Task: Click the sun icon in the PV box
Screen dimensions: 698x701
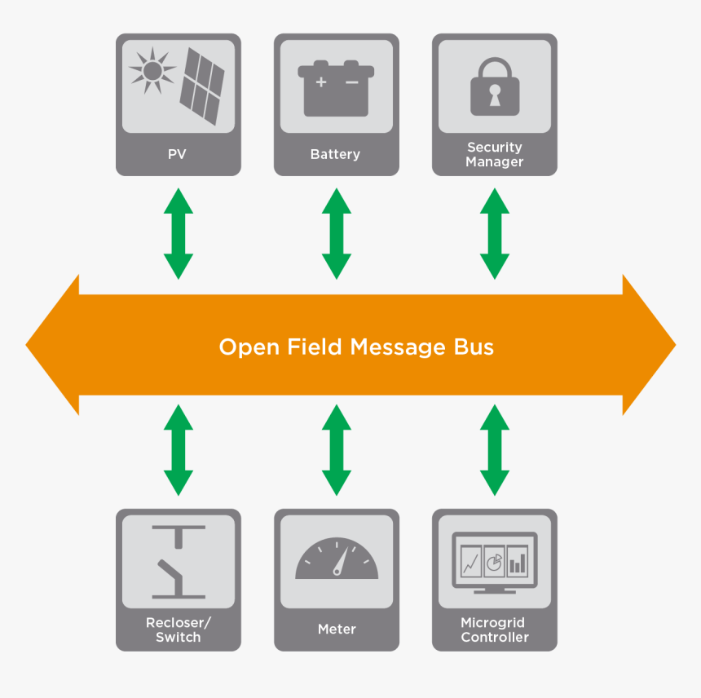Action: coord(152,70)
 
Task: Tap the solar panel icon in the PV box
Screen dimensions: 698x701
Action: coord(202,86)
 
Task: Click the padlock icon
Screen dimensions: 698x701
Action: coord(494,86)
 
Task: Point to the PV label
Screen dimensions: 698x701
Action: coord(178,154)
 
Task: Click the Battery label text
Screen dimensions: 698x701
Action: coord(335,154)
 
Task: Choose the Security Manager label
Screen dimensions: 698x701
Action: coord(494,154)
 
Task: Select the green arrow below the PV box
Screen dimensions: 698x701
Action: coord(179,233)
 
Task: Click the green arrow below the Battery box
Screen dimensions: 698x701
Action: coord(336,233)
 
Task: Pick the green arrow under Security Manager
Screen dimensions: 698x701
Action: coord(494,233)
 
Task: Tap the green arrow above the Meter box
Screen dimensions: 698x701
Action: coord(336,450)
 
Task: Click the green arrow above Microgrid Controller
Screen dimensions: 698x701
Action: coord(494,450)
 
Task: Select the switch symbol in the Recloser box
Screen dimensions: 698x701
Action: coord(179,561)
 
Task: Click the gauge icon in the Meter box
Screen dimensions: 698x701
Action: coord(337,560)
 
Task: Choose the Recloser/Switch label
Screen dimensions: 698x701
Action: coord(178,630)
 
